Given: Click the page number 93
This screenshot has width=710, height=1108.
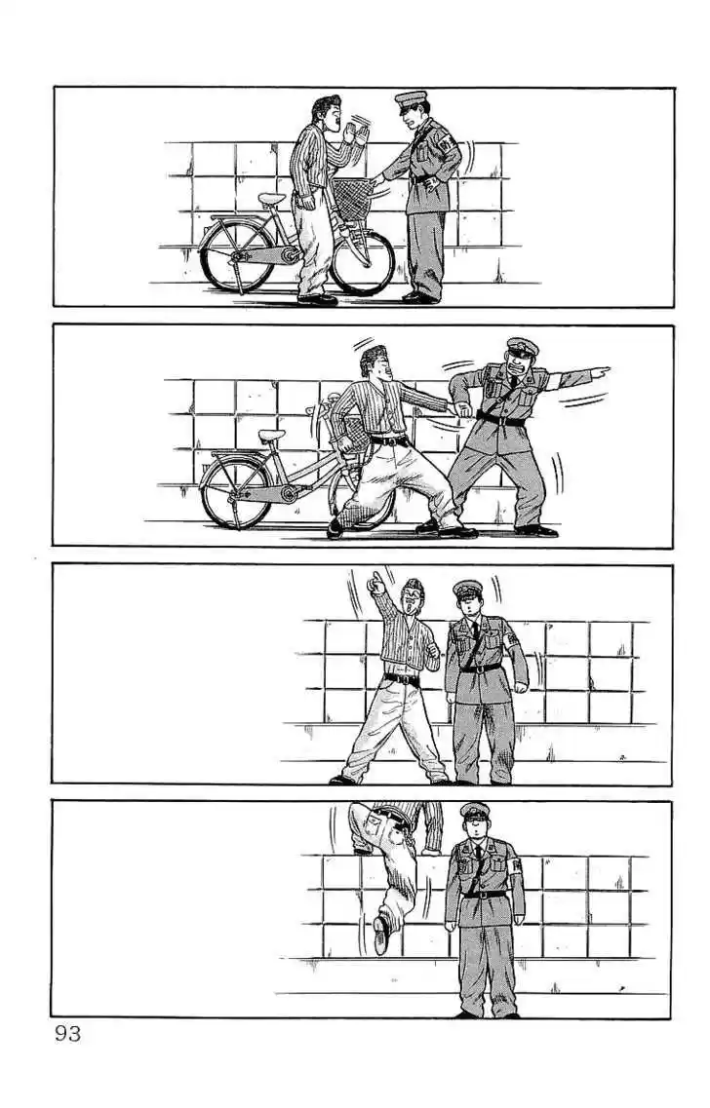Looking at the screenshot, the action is coord(68,1034).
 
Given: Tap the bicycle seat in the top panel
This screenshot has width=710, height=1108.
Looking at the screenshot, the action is coord(271,198).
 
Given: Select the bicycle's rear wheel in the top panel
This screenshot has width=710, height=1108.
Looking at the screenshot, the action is coord(237,255).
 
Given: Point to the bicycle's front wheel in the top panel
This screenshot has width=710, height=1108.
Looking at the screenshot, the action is coord(363,261).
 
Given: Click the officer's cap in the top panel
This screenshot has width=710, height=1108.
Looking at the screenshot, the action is coord(411,100).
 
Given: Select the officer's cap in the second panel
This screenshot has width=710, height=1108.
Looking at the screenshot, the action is coord(523,347).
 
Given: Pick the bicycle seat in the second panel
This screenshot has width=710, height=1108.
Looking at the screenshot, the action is coord(271,435).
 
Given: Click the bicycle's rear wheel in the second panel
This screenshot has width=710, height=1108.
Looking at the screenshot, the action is coord(236,492).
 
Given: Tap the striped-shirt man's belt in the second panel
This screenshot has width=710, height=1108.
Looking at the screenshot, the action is coord(390,440).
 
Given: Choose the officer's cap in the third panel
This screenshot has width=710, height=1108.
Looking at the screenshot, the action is coord(467,589).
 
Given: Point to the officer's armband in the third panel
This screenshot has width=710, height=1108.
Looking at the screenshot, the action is coord(511,639).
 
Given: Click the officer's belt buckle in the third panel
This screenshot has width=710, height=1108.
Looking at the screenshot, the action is coord(481,668).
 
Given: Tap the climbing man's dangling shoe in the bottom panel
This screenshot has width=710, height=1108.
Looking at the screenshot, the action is coord(382,935).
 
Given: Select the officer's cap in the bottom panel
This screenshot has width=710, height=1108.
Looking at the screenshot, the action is coord(475,812).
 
